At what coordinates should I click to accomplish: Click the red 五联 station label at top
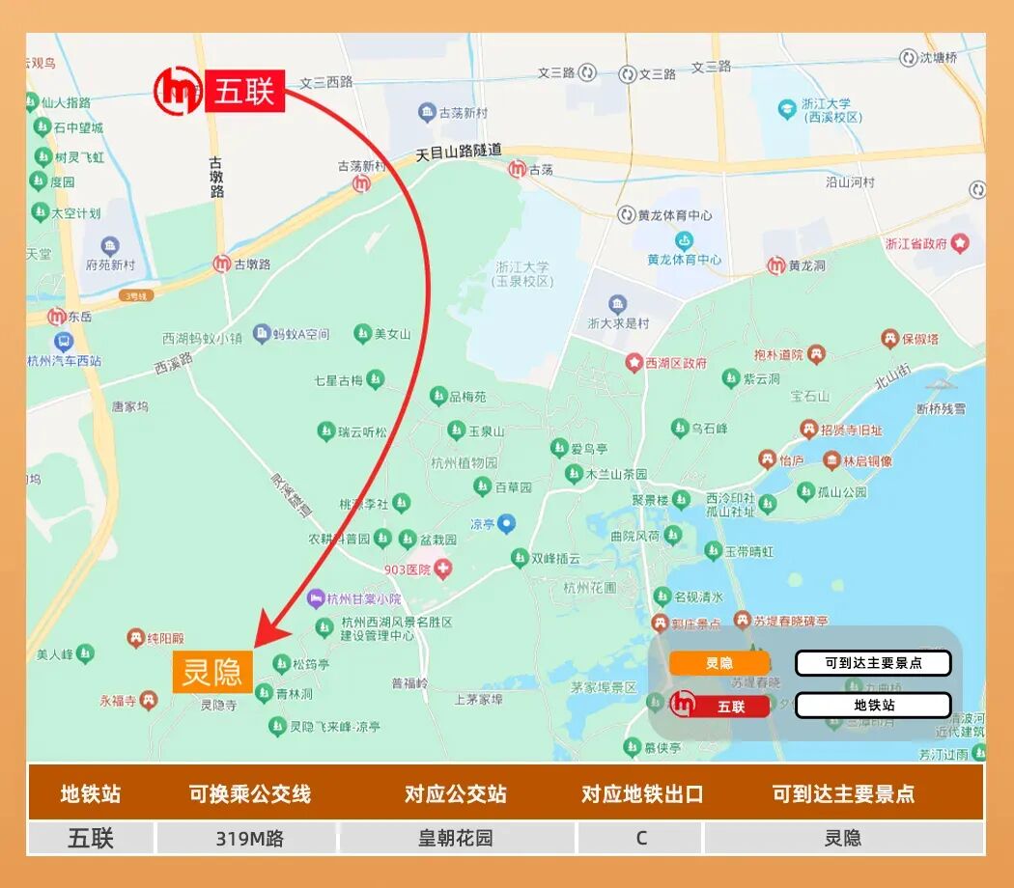coord(244,92)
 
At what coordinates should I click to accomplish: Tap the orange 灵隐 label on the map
coord(212,672)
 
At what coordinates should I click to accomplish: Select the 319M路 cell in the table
coord(249,838)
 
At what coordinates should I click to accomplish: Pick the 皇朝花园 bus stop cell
coord(455,838)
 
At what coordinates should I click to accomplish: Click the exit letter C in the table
coord(641,838)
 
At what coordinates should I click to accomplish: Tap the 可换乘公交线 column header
coord(249,794)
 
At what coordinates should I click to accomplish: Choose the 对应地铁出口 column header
coord(641,794)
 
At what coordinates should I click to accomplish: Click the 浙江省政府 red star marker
coord(959,243)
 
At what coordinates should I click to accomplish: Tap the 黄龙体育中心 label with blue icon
coord(684,249)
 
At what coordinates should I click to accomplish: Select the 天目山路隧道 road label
coord(459,152)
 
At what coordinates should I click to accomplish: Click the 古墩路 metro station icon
coord(222,264)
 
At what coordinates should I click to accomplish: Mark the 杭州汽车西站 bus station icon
coord(64,342)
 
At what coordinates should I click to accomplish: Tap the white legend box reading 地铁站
coord(873,706)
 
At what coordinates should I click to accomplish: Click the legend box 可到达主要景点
coord(873,663)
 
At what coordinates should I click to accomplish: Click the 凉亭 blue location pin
coord(506,523)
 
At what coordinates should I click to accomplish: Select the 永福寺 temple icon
coord(148,700)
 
